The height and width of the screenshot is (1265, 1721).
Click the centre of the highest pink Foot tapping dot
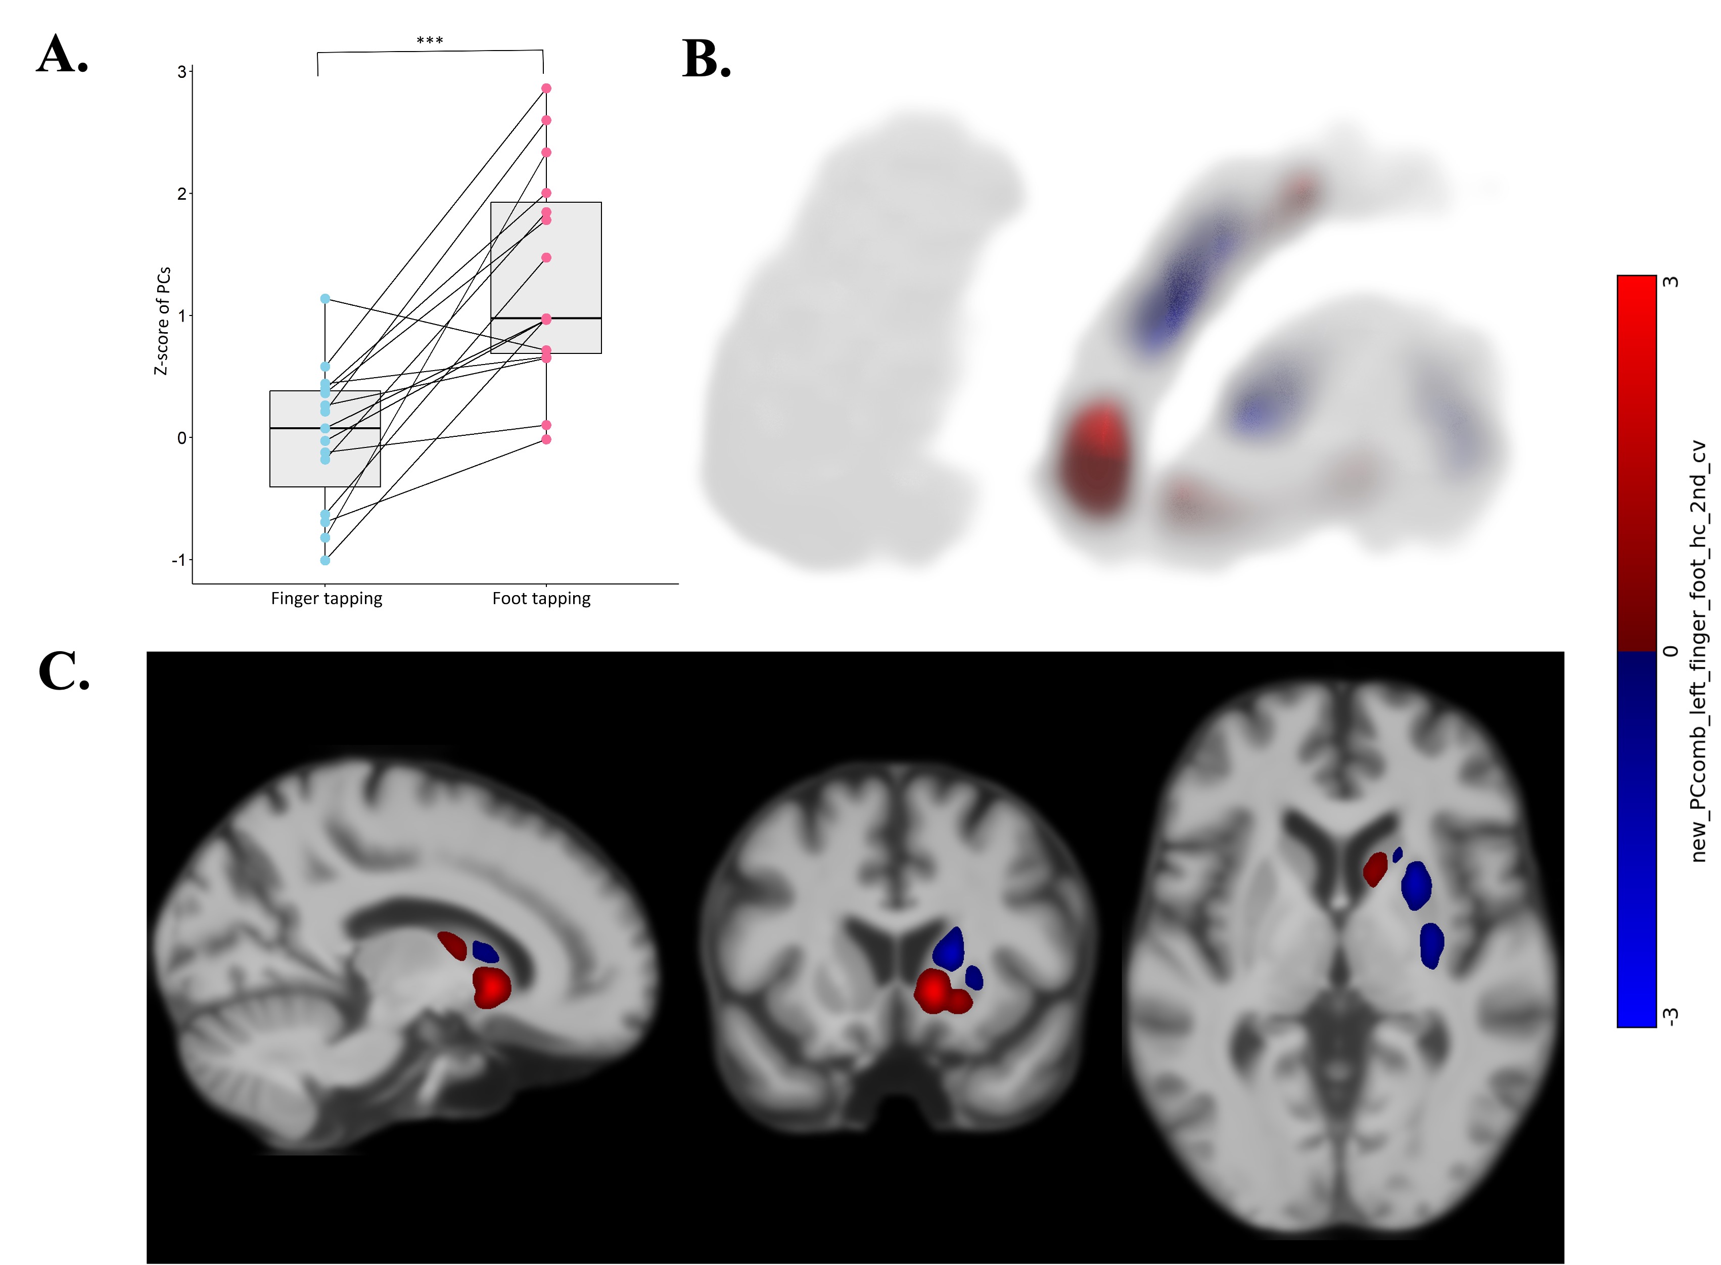click(546, 88)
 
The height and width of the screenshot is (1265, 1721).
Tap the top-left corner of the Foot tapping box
click(491, 202)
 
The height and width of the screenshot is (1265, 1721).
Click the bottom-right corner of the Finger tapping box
click(381, 487)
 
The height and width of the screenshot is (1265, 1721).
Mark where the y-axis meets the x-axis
click(192, 583)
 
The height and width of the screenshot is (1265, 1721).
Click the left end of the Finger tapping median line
click(270, 428)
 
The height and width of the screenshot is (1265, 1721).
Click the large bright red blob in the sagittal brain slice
click(491, 988)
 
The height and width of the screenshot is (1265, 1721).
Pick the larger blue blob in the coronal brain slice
click(949, 948)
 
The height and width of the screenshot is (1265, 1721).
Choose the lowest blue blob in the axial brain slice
click(1431, 945)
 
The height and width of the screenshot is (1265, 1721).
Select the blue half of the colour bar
click(1636, 839)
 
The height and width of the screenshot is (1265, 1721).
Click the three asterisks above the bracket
click(430, 40)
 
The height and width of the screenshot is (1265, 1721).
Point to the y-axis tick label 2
click(181, 194)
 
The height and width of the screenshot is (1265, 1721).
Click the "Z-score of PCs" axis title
click(162, 321)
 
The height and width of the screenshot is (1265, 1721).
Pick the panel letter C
click(64, 671)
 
